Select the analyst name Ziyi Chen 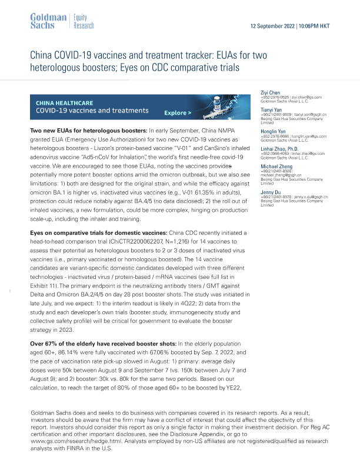click(271, 92)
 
